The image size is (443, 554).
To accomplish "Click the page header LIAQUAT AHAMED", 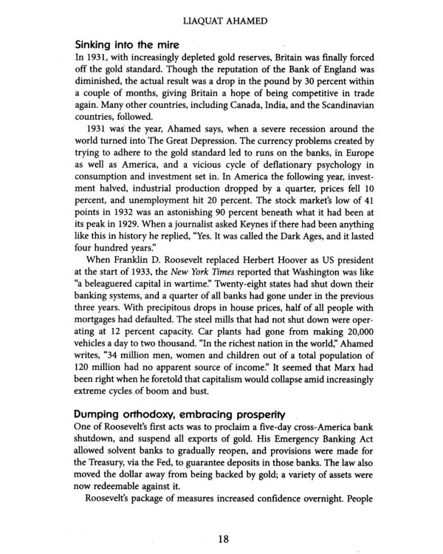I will (221, 13).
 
